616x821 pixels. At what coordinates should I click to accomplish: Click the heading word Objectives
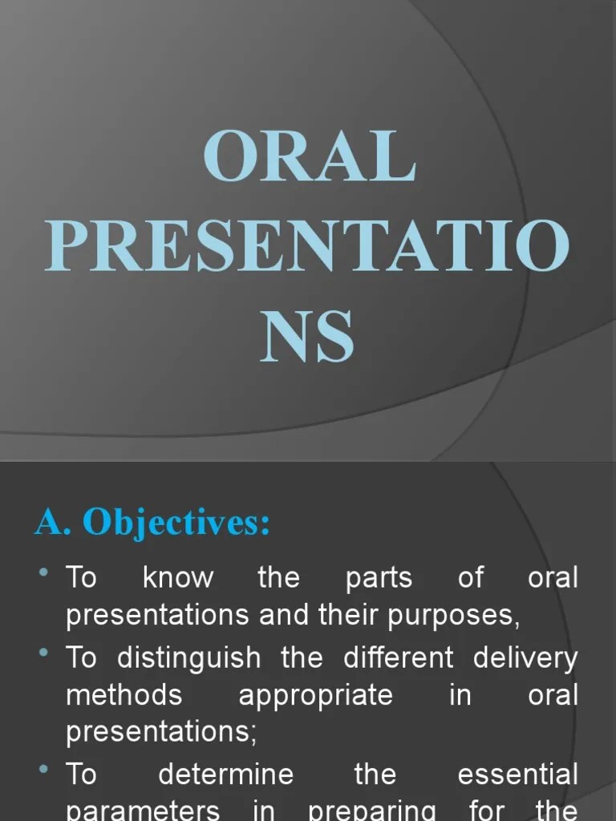pos(176,524)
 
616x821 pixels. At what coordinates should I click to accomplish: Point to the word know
pos(178,578)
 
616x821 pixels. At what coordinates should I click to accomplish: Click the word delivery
pos(525,658)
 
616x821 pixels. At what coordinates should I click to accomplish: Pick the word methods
pos(124,694)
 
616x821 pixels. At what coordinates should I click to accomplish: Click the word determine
pos(226,774)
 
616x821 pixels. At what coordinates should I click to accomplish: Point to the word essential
pos(517,774)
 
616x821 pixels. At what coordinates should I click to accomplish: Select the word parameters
pos(143,811)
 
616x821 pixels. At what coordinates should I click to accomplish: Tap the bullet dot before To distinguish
pos(44,652)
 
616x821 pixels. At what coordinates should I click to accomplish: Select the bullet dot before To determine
pos(44,770)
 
